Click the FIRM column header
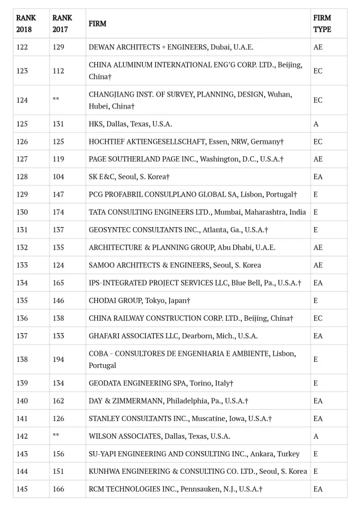[97, 24]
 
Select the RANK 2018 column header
[26, 24]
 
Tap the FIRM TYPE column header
[322, 24]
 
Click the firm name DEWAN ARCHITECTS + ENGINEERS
[167, 47]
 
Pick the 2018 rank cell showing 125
[22, 124]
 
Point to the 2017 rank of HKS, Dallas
[58, 124]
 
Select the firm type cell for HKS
[316, 124]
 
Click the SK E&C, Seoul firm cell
[129, 176]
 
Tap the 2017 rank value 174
[58, 212]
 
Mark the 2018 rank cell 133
[22, 265]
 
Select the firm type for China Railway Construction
[318, 318]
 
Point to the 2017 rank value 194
[58, 359]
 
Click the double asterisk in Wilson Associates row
[56, 436]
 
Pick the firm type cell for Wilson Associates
[316, 436]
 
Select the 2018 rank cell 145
[22, 489]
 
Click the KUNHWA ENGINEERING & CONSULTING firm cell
[198, 471]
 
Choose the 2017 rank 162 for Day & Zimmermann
[58, 401]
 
